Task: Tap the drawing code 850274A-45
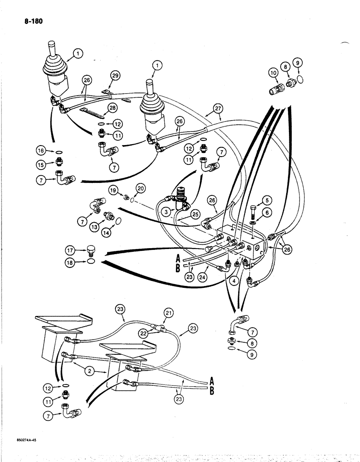(x=23, y=441)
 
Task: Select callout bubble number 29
(x=115, y=75)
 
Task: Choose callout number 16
(x=41, y=150)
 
